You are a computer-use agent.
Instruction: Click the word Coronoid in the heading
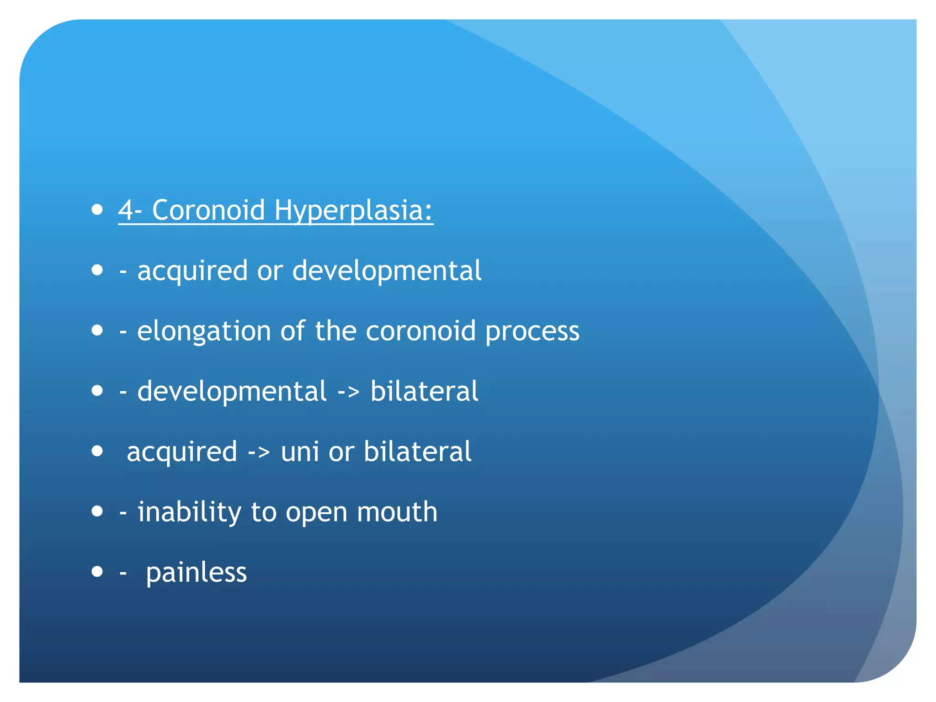pos(208,211)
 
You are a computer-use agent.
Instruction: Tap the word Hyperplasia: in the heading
pos(353,211)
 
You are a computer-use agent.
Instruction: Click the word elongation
pos(204,331)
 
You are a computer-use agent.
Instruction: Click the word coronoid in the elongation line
pos(420,331)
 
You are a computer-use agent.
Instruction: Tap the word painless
pos(196,573)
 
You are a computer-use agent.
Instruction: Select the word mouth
pos(397,512)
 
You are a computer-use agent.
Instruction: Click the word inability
pos(189,512)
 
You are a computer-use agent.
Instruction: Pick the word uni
pos(300,452)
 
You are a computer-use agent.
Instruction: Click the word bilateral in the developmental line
pos(424,392)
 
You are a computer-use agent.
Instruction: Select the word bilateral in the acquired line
pos(417,452)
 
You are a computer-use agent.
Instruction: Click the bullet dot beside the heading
pos(97,210)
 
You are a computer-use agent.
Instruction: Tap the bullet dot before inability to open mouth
pos(97,511)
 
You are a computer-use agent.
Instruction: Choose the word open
pos(316,513)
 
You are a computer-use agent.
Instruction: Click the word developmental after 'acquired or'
pos(387,271)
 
